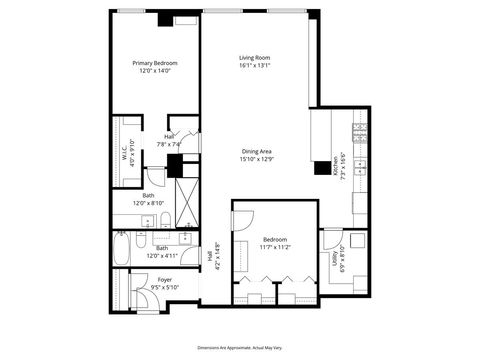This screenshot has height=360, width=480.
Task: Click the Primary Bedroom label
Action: coord(153,63)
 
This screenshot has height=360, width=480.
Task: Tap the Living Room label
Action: coord(255,58)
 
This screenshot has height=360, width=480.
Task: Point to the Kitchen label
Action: coord(334,166)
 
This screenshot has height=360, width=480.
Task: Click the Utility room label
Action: coord(334,259)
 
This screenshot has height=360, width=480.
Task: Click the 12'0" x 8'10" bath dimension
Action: coord(148,203)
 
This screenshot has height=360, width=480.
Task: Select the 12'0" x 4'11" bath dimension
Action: coord(148,255)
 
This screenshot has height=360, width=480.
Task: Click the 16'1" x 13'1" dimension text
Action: coord(255,66)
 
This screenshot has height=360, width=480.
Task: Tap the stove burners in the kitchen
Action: coord(359,133)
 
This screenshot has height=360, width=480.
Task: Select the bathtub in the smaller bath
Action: coord(121,249)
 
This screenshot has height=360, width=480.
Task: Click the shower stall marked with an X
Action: coord(187,201)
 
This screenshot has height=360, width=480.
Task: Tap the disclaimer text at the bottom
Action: coord(240,345)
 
